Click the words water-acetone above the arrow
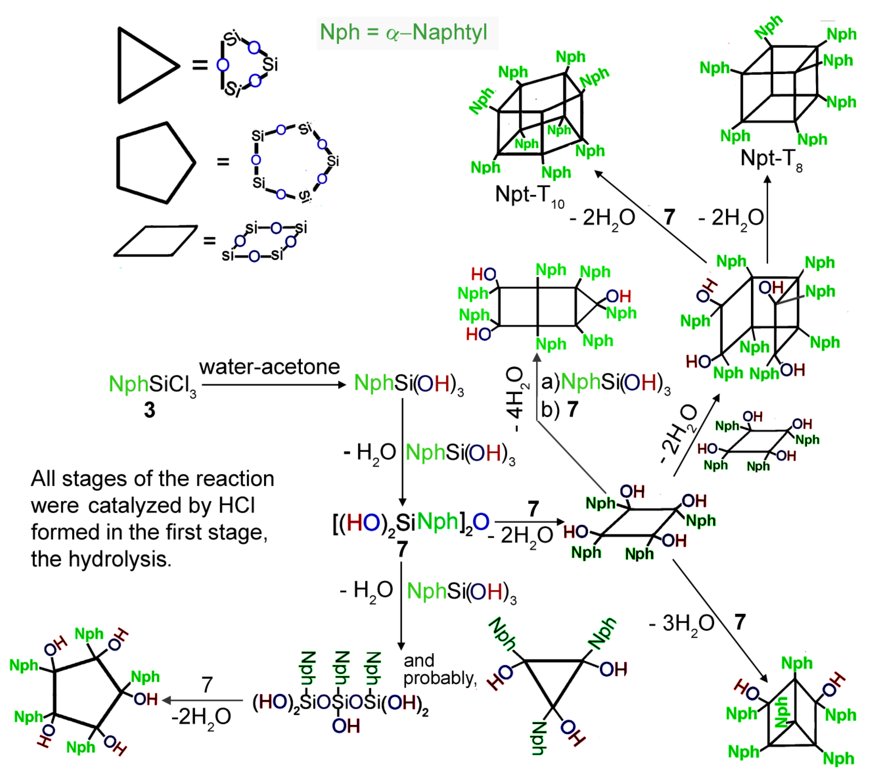click(269, 367)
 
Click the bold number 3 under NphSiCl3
click(149, 410)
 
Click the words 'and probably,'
click(440, 669)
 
